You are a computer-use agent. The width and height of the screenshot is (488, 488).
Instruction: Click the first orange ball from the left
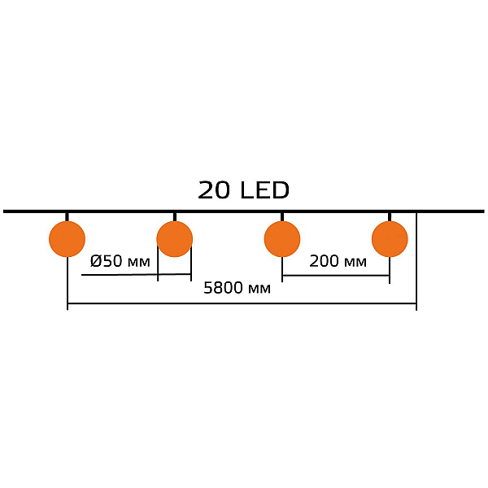[x=67, y=239]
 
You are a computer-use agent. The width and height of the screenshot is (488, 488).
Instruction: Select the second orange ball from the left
[x=175, y=239]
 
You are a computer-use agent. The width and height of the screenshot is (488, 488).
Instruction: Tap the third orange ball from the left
[x=282, y=239]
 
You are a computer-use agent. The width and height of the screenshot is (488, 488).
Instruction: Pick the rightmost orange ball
[x=390, y=239]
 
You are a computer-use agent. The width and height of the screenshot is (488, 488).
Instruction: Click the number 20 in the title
[x=214, y=190]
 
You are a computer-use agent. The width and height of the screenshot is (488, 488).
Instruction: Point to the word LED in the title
[x=265, y=190]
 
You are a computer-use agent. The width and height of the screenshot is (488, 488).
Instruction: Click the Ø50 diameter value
[x=106, y=261]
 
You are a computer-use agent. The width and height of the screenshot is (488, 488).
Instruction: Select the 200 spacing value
[x=324, y=261]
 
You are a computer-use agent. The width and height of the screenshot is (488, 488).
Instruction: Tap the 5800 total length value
[x=223, y=288]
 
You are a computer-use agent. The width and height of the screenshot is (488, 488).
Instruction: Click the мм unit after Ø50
[x=139, y=263]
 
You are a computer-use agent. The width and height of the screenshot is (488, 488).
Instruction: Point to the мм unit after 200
[x=355, y=263]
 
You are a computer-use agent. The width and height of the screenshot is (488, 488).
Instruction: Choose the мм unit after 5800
[x=259, y=290]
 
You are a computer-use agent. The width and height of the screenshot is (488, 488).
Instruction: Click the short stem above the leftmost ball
[x=67, y=217]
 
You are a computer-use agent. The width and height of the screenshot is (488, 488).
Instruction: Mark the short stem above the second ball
[x=175, y=217]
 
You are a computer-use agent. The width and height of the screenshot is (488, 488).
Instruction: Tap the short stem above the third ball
[x=282, y=217]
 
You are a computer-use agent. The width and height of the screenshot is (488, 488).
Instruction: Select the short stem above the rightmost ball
[x=390, y=217]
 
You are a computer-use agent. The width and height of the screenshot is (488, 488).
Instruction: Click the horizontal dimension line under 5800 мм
[x=242, y=303]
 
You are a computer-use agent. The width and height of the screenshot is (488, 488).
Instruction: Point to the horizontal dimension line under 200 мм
[x=336, y=276]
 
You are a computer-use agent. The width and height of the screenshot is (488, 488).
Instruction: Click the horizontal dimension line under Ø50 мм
[x=136, y=275]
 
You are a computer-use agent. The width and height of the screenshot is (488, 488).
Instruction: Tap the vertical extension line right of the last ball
[x=416, y=261]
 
